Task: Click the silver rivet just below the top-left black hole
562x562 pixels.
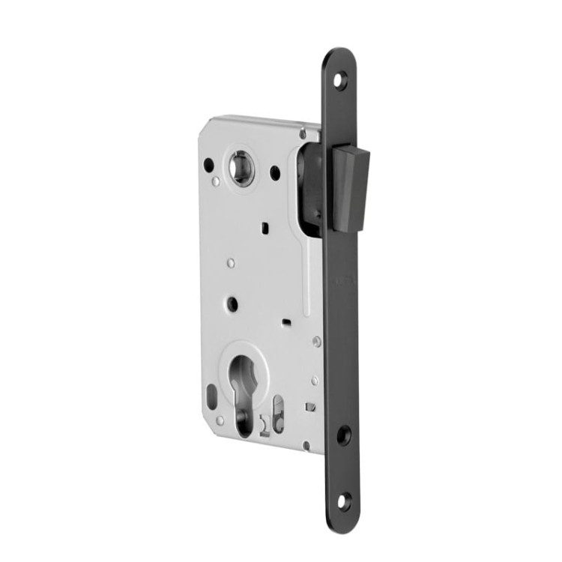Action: (216, 181)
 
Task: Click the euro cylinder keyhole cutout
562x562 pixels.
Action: (248, 390)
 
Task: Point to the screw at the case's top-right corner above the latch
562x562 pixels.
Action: (303, 135)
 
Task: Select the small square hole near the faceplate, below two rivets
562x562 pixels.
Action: (309, 406)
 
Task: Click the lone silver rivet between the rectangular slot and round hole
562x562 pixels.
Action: (231, 262)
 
